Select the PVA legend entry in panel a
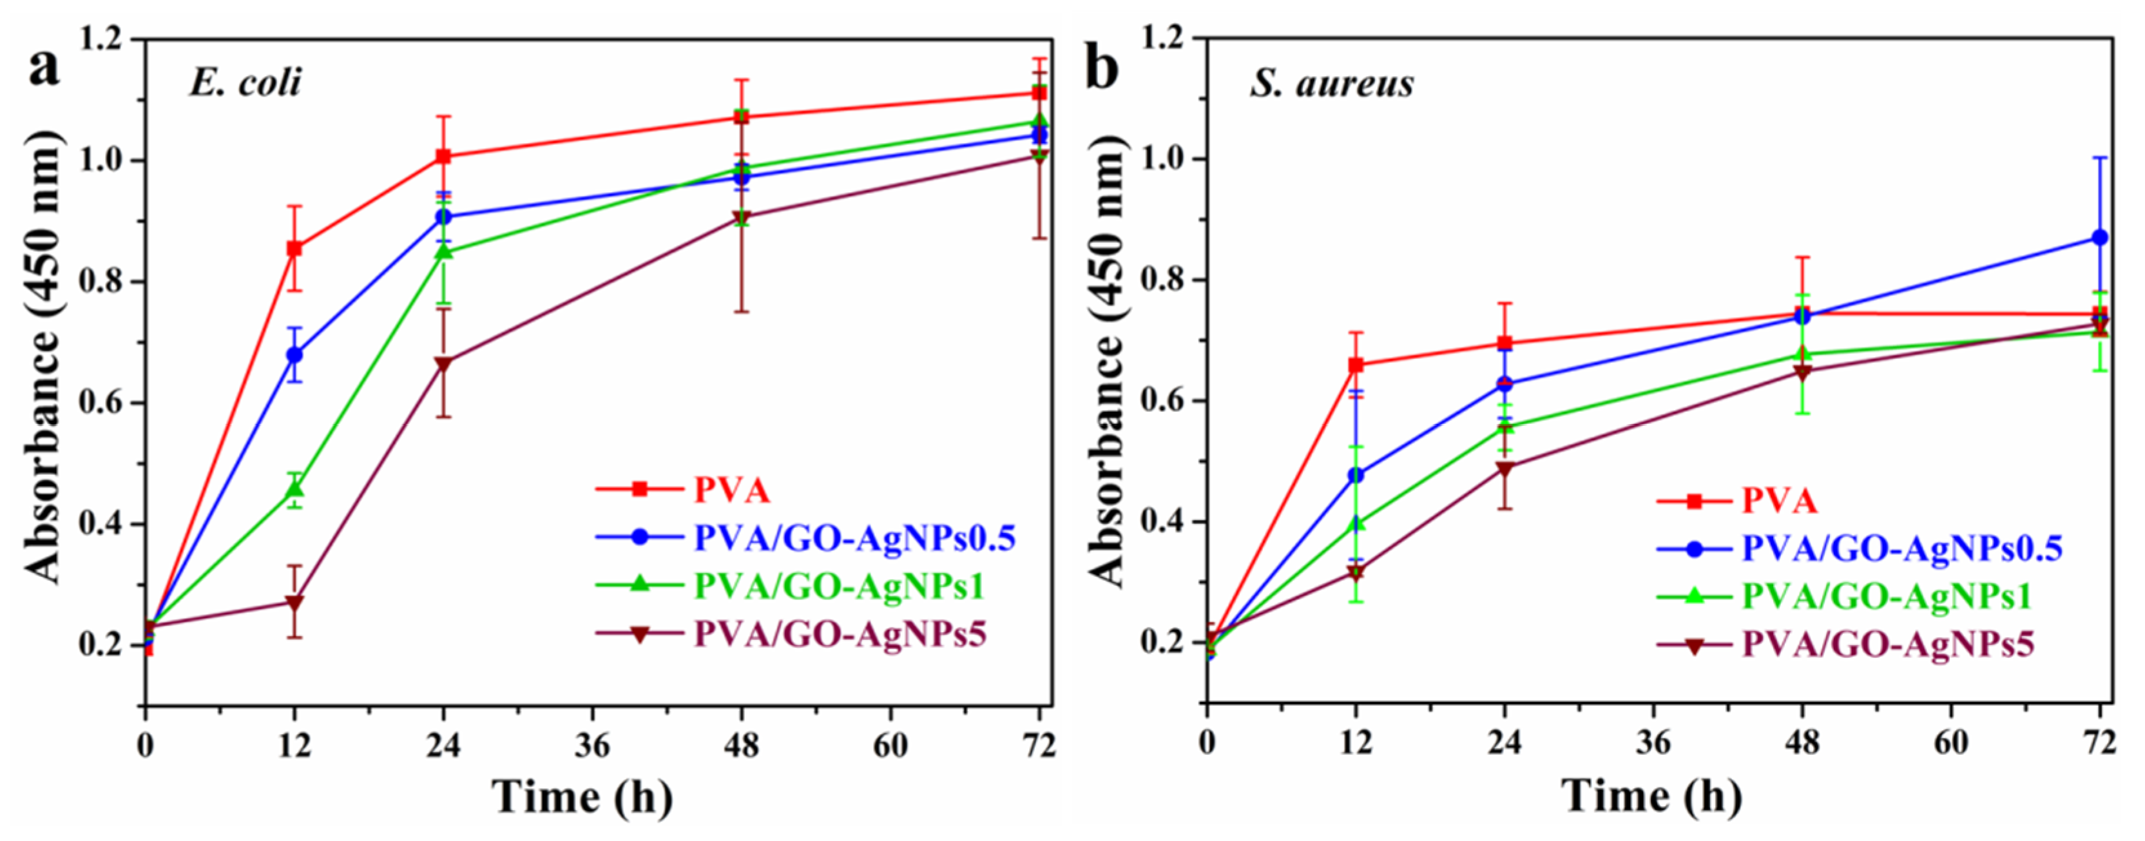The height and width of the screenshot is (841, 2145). pos(732,490)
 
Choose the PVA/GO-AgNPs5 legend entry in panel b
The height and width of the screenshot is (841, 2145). pos(1888,644)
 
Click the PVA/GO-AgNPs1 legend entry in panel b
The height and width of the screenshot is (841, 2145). pos(1886,596)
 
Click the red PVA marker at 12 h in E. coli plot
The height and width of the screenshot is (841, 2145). pos(294,248)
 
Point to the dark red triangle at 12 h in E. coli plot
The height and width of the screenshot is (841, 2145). pos(294,602)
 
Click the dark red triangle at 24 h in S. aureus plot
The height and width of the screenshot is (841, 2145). pos(1505,469)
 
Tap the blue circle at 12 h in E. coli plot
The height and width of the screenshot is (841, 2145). pos(294,354)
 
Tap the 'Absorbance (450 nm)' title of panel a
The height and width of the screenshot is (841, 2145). pos(42,358)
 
